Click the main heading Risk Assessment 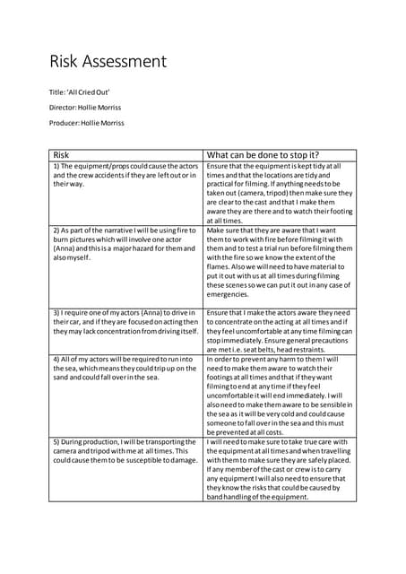108,62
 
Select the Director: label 64,109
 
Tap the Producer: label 65,123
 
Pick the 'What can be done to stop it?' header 263,154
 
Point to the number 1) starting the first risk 56,166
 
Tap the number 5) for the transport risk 56,442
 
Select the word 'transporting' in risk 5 173,442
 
